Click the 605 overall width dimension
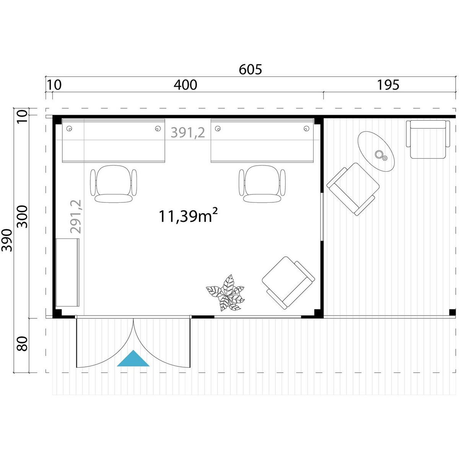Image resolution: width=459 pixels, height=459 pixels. (x=250, y=69)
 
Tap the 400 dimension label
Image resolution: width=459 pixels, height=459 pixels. (x=185, y=85)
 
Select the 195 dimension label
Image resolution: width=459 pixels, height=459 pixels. (x=388, y=85)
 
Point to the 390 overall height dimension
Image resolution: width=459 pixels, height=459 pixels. (x=7, y=240)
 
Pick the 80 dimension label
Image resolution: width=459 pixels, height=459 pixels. (x=23, y=344)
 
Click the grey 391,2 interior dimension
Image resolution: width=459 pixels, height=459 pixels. (x=188, y=133)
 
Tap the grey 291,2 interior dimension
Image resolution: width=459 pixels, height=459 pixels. (x=76, y=216)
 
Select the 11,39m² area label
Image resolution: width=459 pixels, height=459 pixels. (x=188, y=216)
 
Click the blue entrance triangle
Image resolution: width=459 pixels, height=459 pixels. (x=133, y=360)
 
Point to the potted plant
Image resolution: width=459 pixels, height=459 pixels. (x=225, y=293)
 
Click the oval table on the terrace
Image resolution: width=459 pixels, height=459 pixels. (x=376, y=151)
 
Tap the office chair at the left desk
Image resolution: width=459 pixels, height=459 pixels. (x=114, y=184)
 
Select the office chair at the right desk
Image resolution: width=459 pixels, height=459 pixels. (x=262, y=184)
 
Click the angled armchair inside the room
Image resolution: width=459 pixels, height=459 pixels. (x=288, y=283)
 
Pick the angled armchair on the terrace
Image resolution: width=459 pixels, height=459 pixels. (x=353, y=189)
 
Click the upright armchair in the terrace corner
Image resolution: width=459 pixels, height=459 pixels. (x=428, y=139)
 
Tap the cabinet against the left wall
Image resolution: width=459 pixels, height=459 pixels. (x=68, y=272)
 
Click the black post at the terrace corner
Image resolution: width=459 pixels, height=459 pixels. (x=452, y=312)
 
